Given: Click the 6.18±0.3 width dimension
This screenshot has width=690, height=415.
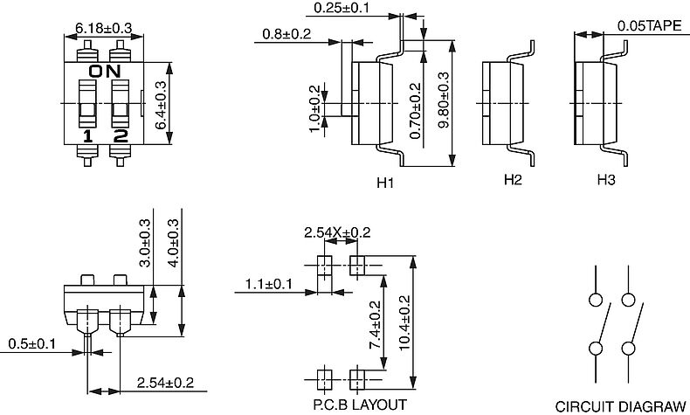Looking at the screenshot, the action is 103,28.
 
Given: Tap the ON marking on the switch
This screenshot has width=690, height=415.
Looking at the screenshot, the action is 105,71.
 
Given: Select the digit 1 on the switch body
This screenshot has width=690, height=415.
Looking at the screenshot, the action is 88,136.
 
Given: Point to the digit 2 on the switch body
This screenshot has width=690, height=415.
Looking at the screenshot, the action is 121,136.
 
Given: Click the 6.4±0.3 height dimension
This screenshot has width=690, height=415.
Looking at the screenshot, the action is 161,105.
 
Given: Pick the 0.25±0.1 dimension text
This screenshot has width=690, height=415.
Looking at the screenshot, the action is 342,8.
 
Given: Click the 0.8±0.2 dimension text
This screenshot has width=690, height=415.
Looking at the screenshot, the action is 286,33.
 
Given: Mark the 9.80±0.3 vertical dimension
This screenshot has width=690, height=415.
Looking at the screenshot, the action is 444,100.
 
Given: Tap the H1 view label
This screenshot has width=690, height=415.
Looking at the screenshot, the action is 385,183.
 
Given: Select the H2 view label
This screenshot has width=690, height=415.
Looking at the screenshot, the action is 513,180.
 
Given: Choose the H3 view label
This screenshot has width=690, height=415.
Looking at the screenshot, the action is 606,180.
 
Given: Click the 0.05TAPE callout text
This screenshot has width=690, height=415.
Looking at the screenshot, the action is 649,25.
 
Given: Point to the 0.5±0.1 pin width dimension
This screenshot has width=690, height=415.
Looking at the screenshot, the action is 32,343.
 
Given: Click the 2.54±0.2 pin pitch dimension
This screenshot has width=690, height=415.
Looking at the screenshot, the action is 165,383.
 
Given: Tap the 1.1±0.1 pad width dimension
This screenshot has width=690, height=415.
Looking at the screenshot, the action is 268,284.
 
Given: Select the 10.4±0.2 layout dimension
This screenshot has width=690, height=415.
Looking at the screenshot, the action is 404,322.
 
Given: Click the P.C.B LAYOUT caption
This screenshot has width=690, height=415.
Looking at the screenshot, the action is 360,405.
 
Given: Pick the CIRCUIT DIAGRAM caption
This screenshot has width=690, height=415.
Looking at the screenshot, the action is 620,406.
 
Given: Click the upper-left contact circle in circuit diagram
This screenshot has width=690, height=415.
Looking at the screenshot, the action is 596,301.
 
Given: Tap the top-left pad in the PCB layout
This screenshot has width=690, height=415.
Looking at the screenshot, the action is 325,266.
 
